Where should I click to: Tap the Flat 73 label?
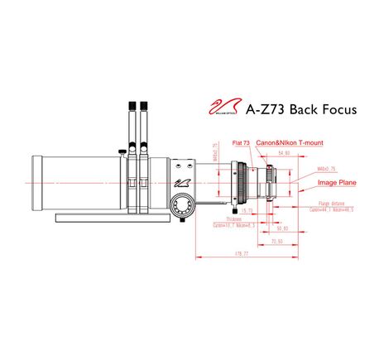coord(242,142)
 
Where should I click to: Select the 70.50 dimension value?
coord(277,241)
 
